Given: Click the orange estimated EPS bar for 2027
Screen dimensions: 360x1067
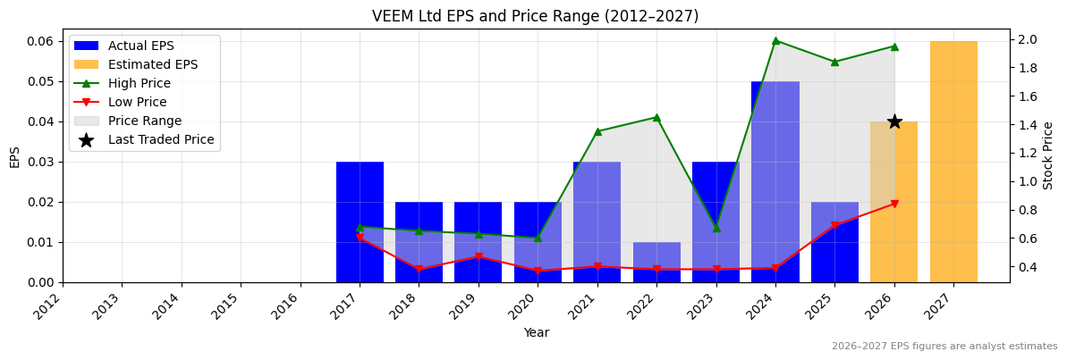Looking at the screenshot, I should [953, 162].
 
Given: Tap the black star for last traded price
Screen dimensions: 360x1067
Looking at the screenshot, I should [894, 121].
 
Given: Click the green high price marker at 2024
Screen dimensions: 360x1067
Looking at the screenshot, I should [775, 41].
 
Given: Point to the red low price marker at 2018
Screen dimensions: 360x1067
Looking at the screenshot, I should [419, 270].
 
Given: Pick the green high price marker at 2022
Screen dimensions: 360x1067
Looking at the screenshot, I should [656, 117].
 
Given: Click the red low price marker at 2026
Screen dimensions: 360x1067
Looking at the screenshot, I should [894, 204].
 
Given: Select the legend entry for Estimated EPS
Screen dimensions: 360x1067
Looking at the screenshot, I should [152, 65].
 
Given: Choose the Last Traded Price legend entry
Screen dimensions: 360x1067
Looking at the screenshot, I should [161, 140].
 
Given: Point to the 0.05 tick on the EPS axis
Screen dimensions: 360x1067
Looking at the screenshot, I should [41, 81].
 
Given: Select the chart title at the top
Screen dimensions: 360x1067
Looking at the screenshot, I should [535, 16].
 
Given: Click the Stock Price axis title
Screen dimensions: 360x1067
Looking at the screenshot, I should [1048, 155].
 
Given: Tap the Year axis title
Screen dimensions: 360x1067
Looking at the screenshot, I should [536, 332].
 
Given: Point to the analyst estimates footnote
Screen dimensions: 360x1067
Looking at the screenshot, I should [944, 347].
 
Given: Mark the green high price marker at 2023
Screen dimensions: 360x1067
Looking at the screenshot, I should [716, 228].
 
